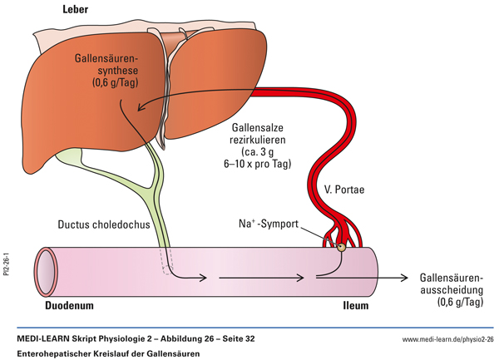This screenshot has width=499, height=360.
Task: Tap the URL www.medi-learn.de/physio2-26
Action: click(448, 339)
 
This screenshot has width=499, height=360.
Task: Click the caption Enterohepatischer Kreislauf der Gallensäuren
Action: click(108, 353)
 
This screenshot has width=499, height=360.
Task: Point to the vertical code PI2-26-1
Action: click(7, 269)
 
